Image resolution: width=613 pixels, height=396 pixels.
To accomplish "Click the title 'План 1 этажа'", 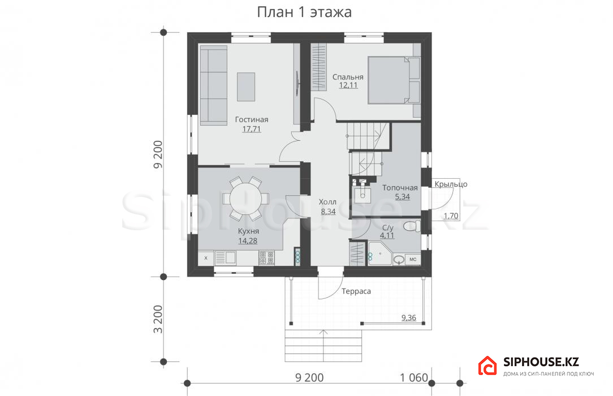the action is pos(304,12).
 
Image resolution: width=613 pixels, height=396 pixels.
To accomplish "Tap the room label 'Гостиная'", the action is pos(252,119).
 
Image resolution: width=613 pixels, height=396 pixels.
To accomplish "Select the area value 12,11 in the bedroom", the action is pos(348,85).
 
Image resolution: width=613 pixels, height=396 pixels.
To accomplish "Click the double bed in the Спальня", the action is pos(394,80).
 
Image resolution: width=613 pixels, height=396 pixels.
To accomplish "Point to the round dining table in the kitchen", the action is pos(245,199).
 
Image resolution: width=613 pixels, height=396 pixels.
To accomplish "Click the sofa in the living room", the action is pos(213,85).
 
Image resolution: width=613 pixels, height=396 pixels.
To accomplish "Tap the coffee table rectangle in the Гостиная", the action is pos(246,87).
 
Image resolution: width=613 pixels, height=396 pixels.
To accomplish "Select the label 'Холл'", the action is pos(327,202).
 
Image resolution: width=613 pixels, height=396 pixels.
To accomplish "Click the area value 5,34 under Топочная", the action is pos(402,197).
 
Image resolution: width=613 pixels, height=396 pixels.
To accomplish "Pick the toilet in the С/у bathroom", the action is pos(412,226).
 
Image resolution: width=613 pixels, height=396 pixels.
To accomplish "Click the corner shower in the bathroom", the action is pos(379,253).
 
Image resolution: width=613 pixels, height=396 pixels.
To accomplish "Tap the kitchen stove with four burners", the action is pos(266,258).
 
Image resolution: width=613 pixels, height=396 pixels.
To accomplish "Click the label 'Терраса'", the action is pos(356,291).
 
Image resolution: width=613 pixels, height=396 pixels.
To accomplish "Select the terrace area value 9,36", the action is pos(409,318).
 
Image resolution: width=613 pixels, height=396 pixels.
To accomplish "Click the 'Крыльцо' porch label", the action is pos(451,184).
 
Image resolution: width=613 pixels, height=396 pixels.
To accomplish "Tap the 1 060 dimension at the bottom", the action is pos(414,378).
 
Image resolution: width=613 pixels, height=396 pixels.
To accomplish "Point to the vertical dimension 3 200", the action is pos(158,319).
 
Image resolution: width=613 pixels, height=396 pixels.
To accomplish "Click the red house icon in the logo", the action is pos(487,366).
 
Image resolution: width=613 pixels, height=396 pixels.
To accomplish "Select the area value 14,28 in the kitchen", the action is pos(248,241).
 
